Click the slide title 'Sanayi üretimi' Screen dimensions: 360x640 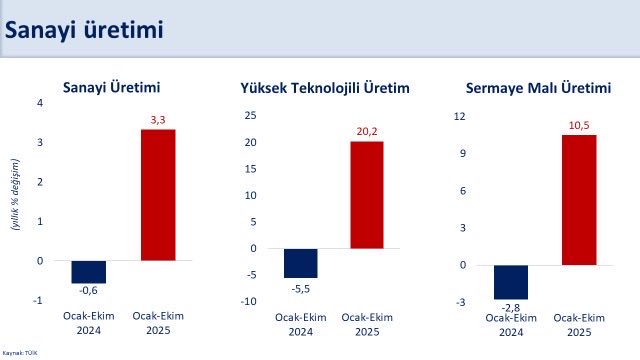coord(84,30)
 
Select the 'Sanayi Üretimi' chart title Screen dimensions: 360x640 coord(112,87)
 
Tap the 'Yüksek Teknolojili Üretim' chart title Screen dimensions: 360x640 coord(325,88)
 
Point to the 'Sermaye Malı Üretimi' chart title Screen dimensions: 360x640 coord(538,88)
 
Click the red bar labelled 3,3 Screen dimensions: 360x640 coord(157,195)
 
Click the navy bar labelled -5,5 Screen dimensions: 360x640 coord(300,263)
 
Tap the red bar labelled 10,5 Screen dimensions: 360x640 coord(578,200)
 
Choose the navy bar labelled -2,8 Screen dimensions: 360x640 coord(511,282)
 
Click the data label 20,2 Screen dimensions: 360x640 coord(366,131)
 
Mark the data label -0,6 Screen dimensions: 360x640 coord(89,292)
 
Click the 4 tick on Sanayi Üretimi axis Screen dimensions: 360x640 coord(41,103)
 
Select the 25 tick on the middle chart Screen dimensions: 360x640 coord(251,115)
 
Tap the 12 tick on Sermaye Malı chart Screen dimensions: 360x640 coord(460,116)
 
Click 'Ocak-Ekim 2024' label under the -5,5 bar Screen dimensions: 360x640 coord(300,325)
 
